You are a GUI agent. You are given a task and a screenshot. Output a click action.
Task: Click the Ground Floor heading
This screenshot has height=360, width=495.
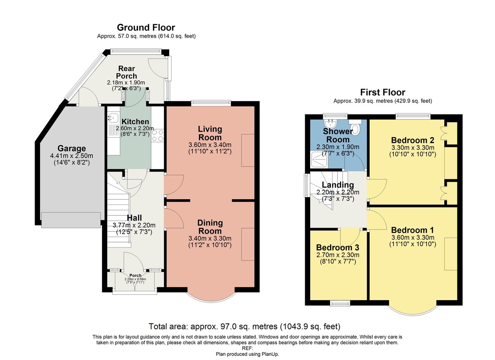tap(146, 28)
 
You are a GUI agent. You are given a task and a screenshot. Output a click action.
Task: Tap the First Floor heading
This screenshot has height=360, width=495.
tap(383, 92)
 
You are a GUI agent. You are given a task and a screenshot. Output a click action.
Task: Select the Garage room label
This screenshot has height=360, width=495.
tap(72, 148)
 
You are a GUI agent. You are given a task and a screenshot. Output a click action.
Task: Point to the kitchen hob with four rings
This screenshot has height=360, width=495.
tap(158, 135)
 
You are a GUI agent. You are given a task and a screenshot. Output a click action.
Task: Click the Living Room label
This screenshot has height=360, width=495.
tap(210, 133)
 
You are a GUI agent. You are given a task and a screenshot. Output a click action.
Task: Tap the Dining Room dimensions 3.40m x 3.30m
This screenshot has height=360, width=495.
tap(210, 238)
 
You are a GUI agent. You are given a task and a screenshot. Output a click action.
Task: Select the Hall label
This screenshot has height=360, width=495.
tap(134, 218)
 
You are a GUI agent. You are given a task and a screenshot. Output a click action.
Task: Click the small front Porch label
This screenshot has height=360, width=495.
tap(135, 275)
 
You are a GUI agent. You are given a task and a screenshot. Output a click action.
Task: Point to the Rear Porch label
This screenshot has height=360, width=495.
tap(126, 72)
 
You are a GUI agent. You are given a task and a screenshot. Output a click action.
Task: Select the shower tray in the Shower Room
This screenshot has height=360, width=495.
tap(319, 160)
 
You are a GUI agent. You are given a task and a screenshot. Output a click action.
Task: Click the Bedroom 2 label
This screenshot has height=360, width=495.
tap(412, 140)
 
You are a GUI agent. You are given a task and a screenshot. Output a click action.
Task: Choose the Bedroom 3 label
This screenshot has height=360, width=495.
tap(338, 247)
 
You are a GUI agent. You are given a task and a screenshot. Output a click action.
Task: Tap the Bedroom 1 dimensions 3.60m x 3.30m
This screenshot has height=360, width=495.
tap(412, 238)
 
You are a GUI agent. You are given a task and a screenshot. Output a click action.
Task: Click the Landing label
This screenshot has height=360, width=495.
tap(338, 185)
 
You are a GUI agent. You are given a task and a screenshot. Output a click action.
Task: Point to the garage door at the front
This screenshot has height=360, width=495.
tap(71, 220)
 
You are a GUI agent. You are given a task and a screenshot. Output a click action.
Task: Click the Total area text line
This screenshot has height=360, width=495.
tap(244, 326)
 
